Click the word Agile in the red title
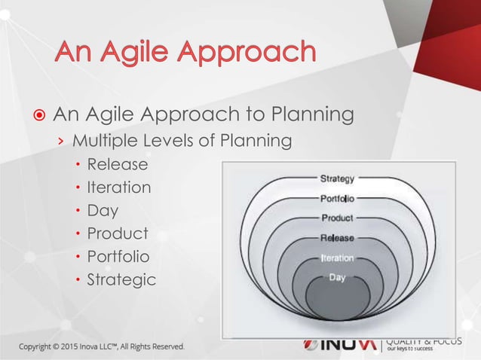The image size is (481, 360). tap(138, 53)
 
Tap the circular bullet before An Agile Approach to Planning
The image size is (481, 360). tap(37, 116)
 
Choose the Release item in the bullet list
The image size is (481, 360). tap(118, 164)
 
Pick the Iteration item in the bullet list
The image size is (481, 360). tap(119, 187)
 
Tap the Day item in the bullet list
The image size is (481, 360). tap(103, 210)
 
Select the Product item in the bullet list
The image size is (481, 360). tap(118, 233)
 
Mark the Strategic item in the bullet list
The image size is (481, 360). tap(121, 280)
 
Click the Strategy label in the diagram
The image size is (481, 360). tap(338, 179)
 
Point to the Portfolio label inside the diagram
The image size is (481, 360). tap(338, 199)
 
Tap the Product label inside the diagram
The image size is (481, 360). tap(338, 218)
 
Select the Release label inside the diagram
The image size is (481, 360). tap(338, 238)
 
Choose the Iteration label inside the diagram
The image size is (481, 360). tap(338, 258)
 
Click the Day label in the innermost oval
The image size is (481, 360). tap(338, 277)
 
